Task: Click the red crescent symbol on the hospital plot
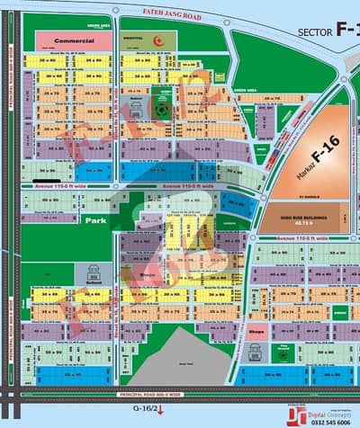pos(158,40)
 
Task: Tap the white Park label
pos(96,218)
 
